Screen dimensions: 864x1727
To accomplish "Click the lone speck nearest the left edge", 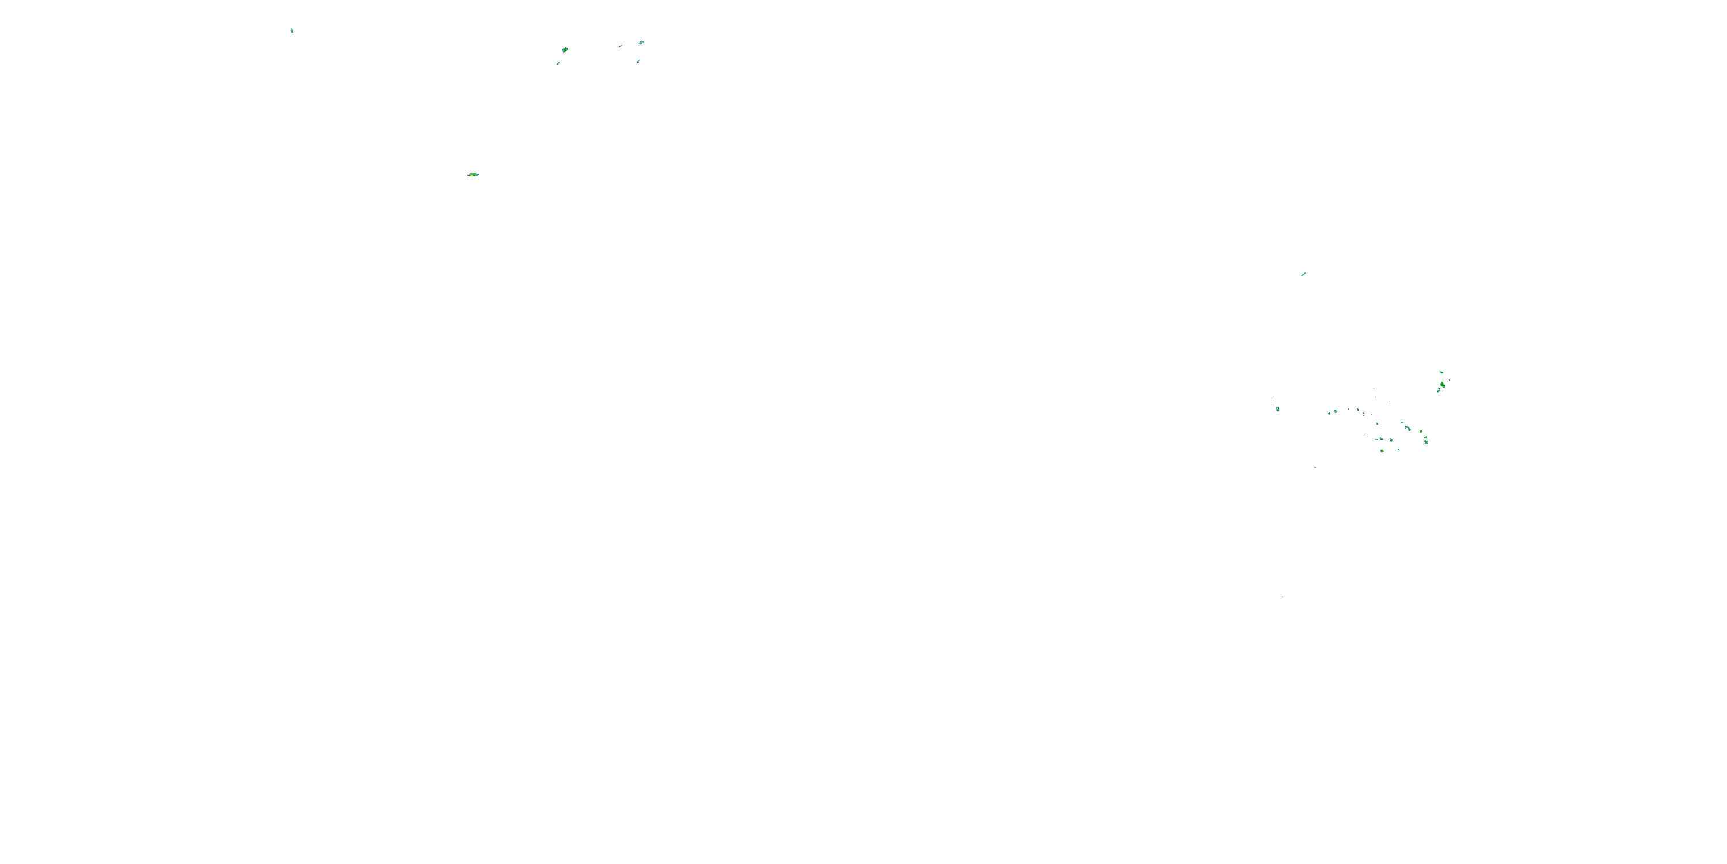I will coord(292,30).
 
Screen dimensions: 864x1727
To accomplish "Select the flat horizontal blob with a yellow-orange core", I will coord(473,175).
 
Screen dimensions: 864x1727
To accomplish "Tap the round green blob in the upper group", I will coord(565,50).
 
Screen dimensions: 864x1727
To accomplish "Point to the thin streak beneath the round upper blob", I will coord(558,63).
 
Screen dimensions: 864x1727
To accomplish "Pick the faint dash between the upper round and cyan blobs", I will coord(621,46).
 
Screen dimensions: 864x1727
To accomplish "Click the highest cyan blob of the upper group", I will coord(642,42).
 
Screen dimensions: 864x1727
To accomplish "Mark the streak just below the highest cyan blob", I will coord(638,61).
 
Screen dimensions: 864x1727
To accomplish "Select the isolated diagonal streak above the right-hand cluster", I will coord(1303,274).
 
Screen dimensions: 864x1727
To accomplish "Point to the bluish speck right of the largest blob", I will coord(1450,380).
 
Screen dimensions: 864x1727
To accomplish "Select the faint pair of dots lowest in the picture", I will coord(1282,596).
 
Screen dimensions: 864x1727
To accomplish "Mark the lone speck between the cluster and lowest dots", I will coord(1315,467).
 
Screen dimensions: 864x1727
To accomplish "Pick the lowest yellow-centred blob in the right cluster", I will coord(1382,451).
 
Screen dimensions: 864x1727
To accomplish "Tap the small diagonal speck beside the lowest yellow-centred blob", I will coord(1398,449).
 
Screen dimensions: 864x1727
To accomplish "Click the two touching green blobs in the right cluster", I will coord(1408,428).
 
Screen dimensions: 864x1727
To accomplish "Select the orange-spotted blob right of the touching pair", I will coord(1421,431).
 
